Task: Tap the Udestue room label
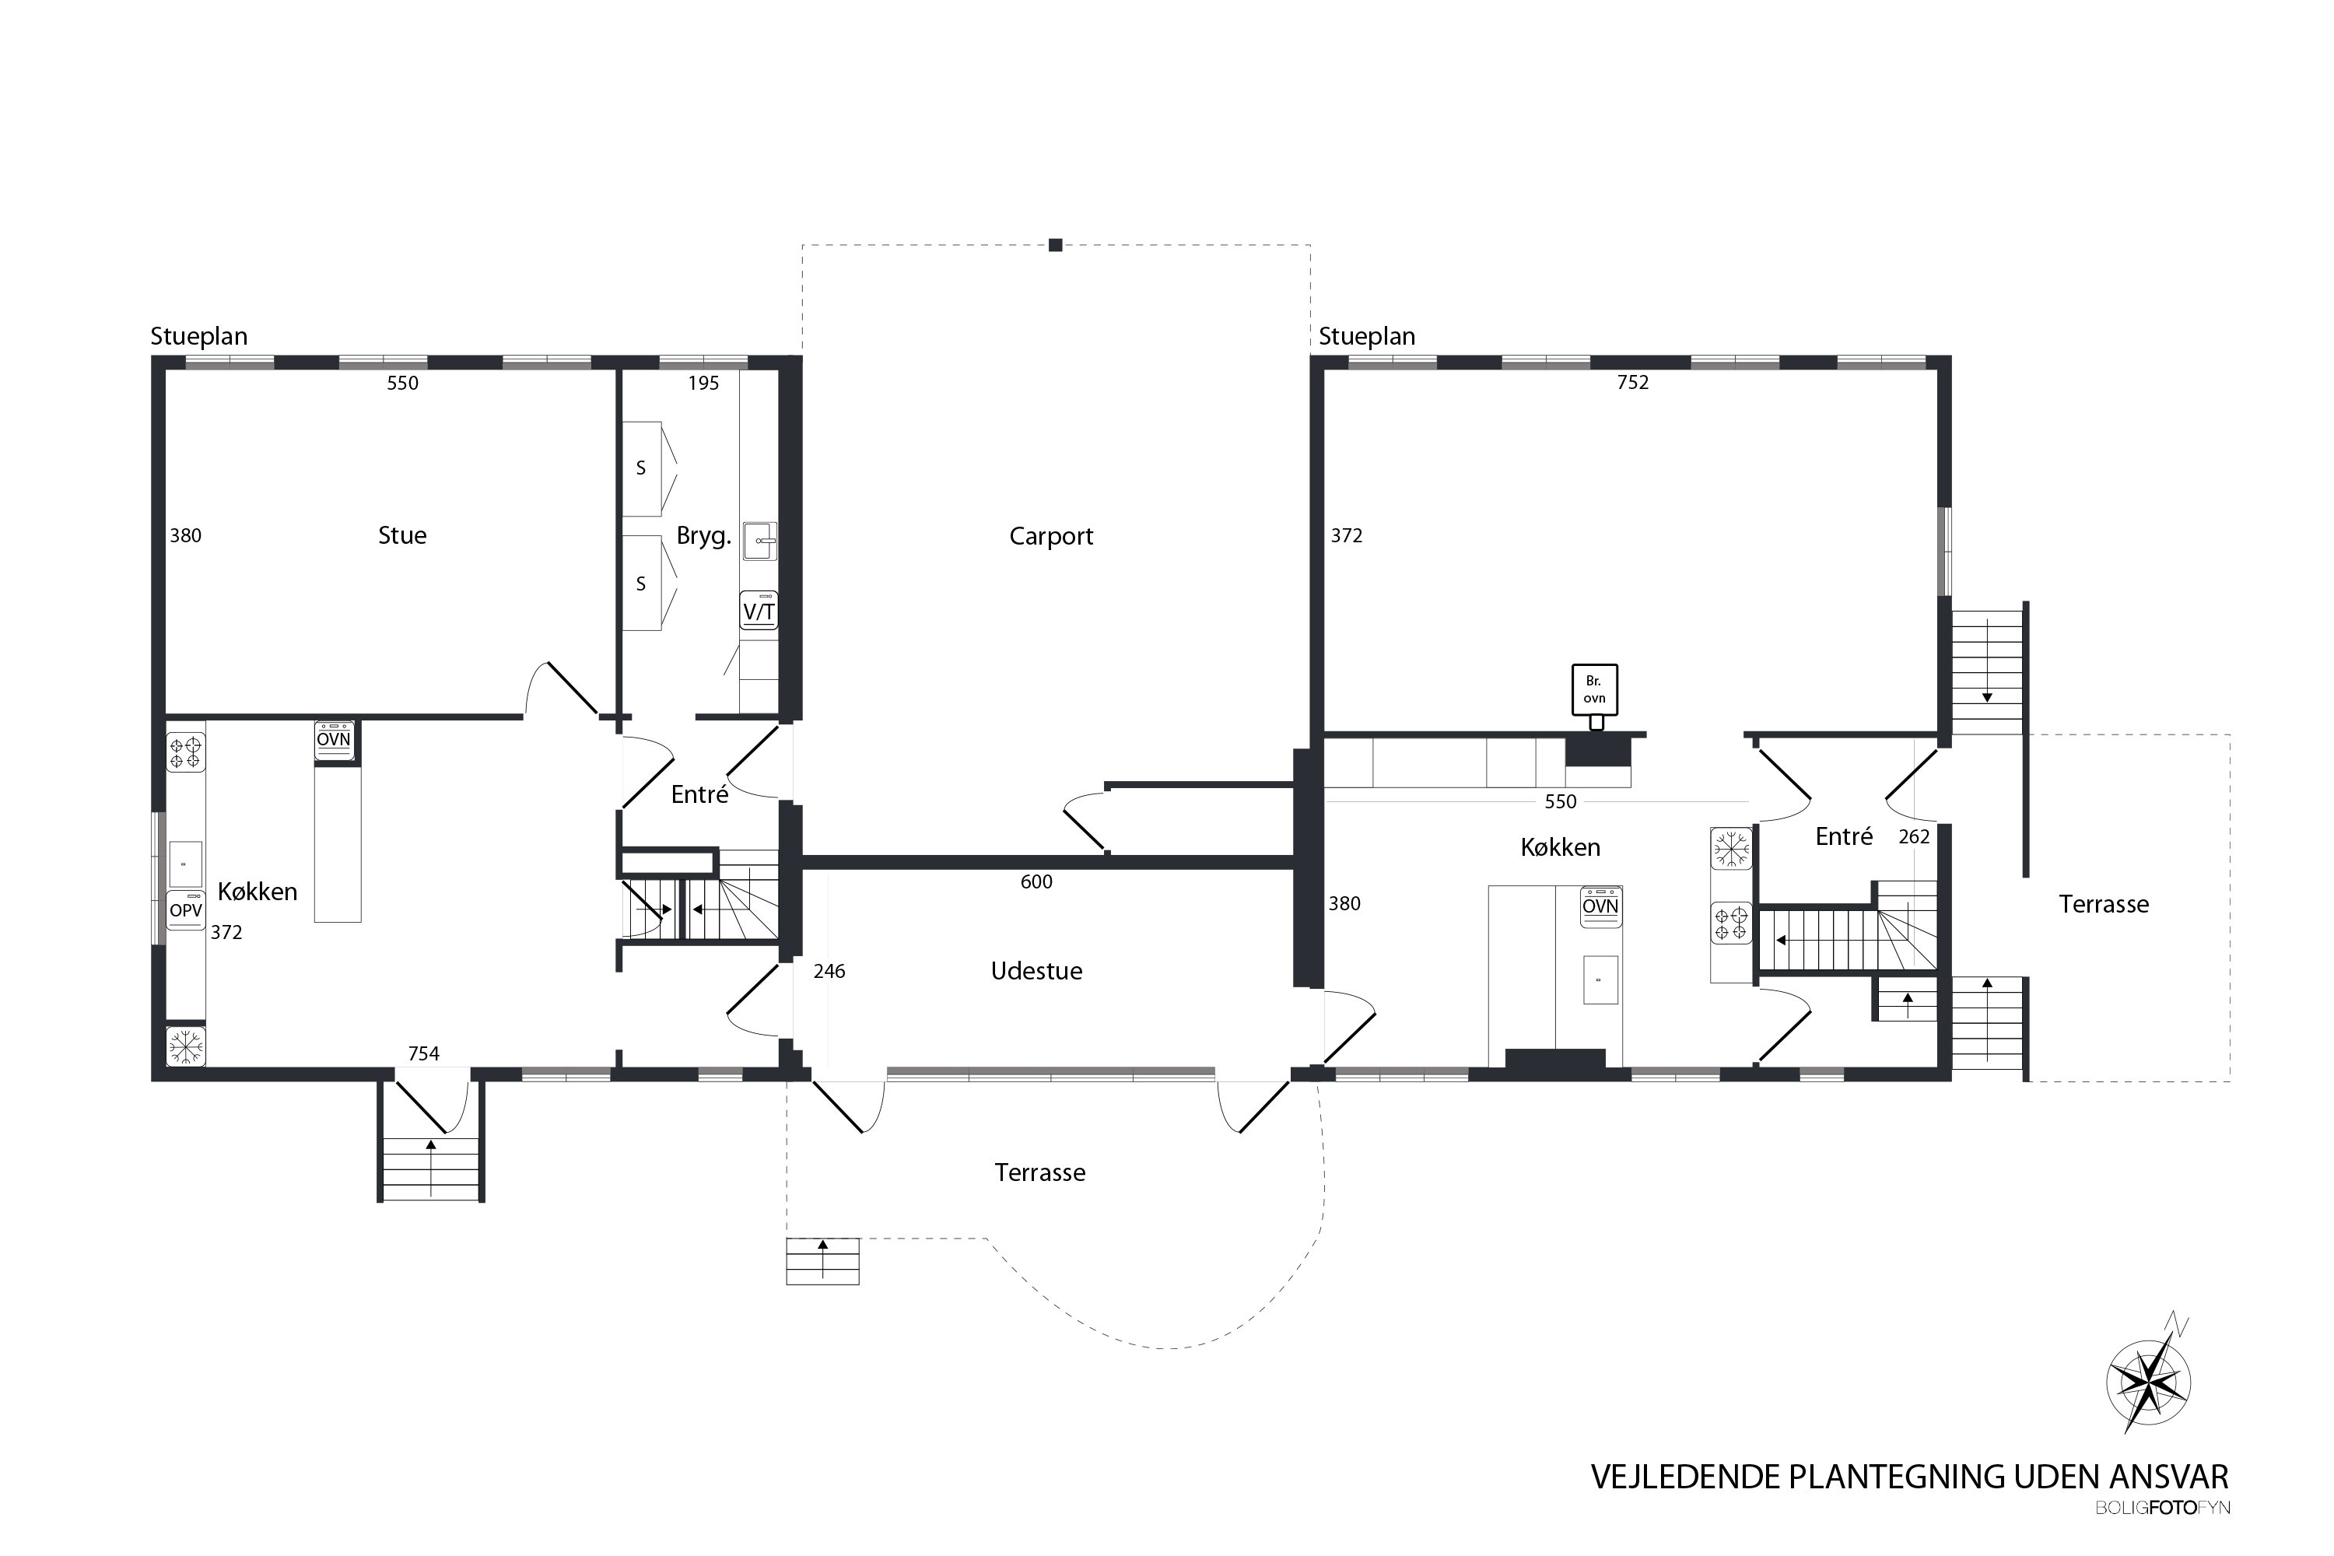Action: click(1036, 970)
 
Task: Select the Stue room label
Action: click(402, 535)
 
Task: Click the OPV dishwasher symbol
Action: click(186, 910)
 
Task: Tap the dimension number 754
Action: click(424, 1053)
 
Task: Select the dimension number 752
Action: click(1632, 382)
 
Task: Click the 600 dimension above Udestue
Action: click(1036, 881)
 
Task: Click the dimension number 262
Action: click(1913, 836)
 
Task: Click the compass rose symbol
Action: click(2148, 1382)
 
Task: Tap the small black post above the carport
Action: click(1056, 245)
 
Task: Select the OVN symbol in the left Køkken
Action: click(334, 741)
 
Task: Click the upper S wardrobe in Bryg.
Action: click(641, 468)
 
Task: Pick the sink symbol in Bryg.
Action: click(760, 541)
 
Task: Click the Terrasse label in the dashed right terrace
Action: click(2103, 904)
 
